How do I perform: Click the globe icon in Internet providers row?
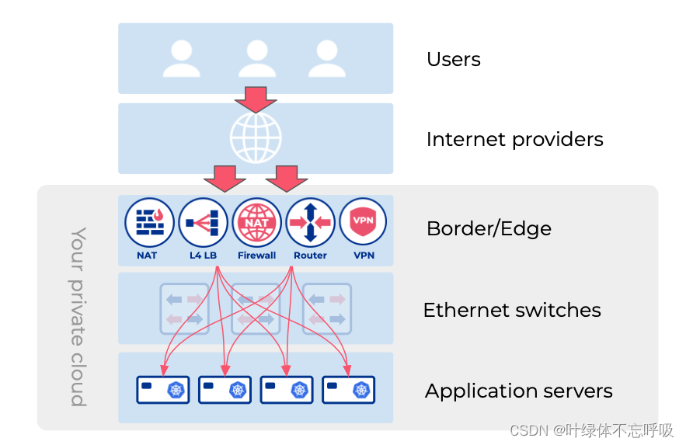pos(256,138)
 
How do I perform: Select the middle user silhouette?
pos(257,59)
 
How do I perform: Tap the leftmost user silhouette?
pos(182,59)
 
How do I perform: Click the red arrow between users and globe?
pos(256,99)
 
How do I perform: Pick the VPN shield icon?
pos(363,222)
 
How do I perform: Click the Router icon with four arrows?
pos(311,222)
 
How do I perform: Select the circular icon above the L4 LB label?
pos(204,222)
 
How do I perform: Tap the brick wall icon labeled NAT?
pos(149,222)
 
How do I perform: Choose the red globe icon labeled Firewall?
pos(257,222)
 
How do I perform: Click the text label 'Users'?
pos(453,60)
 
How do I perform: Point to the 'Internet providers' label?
pos(514,140)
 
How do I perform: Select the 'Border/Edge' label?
pos(489,229)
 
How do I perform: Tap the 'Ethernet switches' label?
pos(512,311)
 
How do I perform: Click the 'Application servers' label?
pos(518,391)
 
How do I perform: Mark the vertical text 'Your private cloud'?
pos(78,316)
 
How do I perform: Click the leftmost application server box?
pos(163,390)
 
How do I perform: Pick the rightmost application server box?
pos(349,390)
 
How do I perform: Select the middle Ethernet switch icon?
pos(256,308)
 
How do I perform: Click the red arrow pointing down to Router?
pos(287,178)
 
